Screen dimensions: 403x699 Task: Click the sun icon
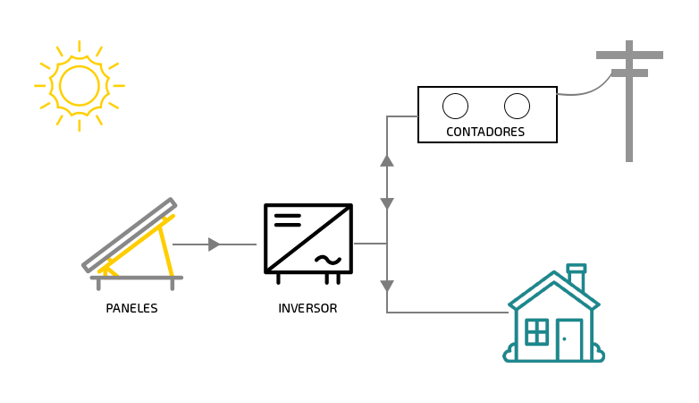[x=80, y=86]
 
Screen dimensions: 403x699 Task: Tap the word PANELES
[x=131, y=308]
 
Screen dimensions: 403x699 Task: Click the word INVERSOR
[x=307, y=308]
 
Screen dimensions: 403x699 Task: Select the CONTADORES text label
[x=485, y=133]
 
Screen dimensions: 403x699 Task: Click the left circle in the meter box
[x=455, y=106]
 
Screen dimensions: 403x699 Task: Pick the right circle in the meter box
[x=517, y=106]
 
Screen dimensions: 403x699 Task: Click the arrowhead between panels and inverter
[x=214, y=244]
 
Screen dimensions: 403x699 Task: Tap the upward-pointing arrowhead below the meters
[x=387, y=160]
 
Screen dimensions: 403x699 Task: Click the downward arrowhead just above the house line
[x=387, y=287]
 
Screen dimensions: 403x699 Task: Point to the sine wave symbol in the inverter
[x=328, y=260]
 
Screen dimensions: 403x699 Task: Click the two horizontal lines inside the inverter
[x=287, y=219]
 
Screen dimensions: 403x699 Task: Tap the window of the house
[x=536, y=331]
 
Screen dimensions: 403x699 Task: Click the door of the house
[x=568, y=340]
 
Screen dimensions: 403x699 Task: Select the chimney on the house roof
[x=577, y=276]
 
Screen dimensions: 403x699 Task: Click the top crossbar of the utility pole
[x=629, y=55]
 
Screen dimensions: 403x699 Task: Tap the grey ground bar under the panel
[x=137, y=278]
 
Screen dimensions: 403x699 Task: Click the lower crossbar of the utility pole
[x=629, y=73]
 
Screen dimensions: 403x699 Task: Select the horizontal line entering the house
[x=447, y=313]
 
